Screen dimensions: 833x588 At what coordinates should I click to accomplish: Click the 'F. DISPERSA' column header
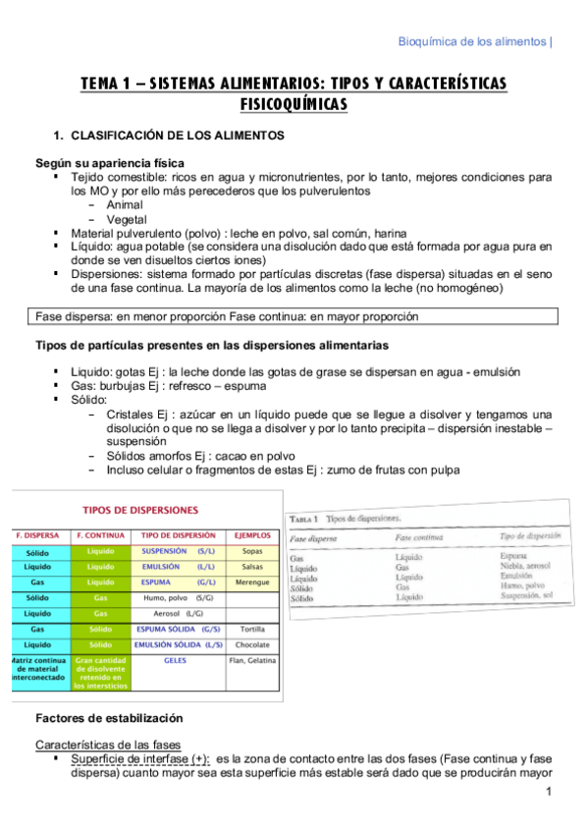pos(36,535)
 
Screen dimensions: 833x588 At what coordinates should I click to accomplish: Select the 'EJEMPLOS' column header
pos(253,535)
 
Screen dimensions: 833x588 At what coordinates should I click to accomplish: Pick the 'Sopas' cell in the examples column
pos(252,552)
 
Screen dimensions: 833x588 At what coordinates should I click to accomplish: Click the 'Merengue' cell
pos(252,583)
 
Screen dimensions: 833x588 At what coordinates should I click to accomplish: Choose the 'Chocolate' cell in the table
pos(252,644)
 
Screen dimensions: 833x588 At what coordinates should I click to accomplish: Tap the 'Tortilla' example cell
pos(252,629)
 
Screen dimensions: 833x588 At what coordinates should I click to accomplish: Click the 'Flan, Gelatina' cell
pos(253,661)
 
